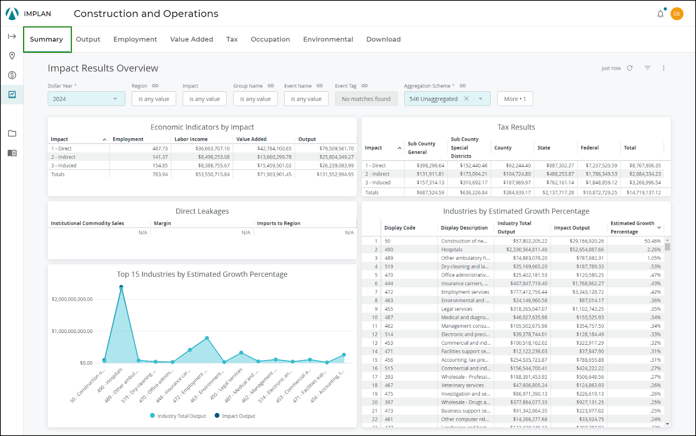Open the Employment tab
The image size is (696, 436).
click(x=135, y=39)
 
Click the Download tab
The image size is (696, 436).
click(x=383, y=39)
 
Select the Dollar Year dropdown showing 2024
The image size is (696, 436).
click(x=86, y=99)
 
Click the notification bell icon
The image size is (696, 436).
click(x=660, y=14)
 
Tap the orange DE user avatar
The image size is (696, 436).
click(x=677, y=14)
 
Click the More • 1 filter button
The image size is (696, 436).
click(x=515, y=99)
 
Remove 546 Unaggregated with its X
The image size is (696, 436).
click(x=466, y=99)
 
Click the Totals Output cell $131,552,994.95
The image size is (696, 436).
click(x=335, y=174)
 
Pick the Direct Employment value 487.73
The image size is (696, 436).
click(x=160, y=149)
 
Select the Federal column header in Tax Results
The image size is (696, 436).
click(x=589, y=148)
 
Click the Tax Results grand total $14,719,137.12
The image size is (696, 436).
click(x=643, y=193)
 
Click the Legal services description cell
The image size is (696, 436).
click(x=457, y=309)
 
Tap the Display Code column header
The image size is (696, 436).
click(x=400, y=228)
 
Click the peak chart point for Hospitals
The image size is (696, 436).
click(x=121, y=287)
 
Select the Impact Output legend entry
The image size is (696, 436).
click(x=235, y=416)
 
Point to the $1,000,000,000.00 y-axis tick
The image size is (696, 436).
click(x=72, y=331)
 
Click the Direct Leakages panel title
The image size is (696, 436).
click(x=202, y=211)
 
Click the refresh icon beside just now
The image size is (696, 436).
click(x=629, y=68)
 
